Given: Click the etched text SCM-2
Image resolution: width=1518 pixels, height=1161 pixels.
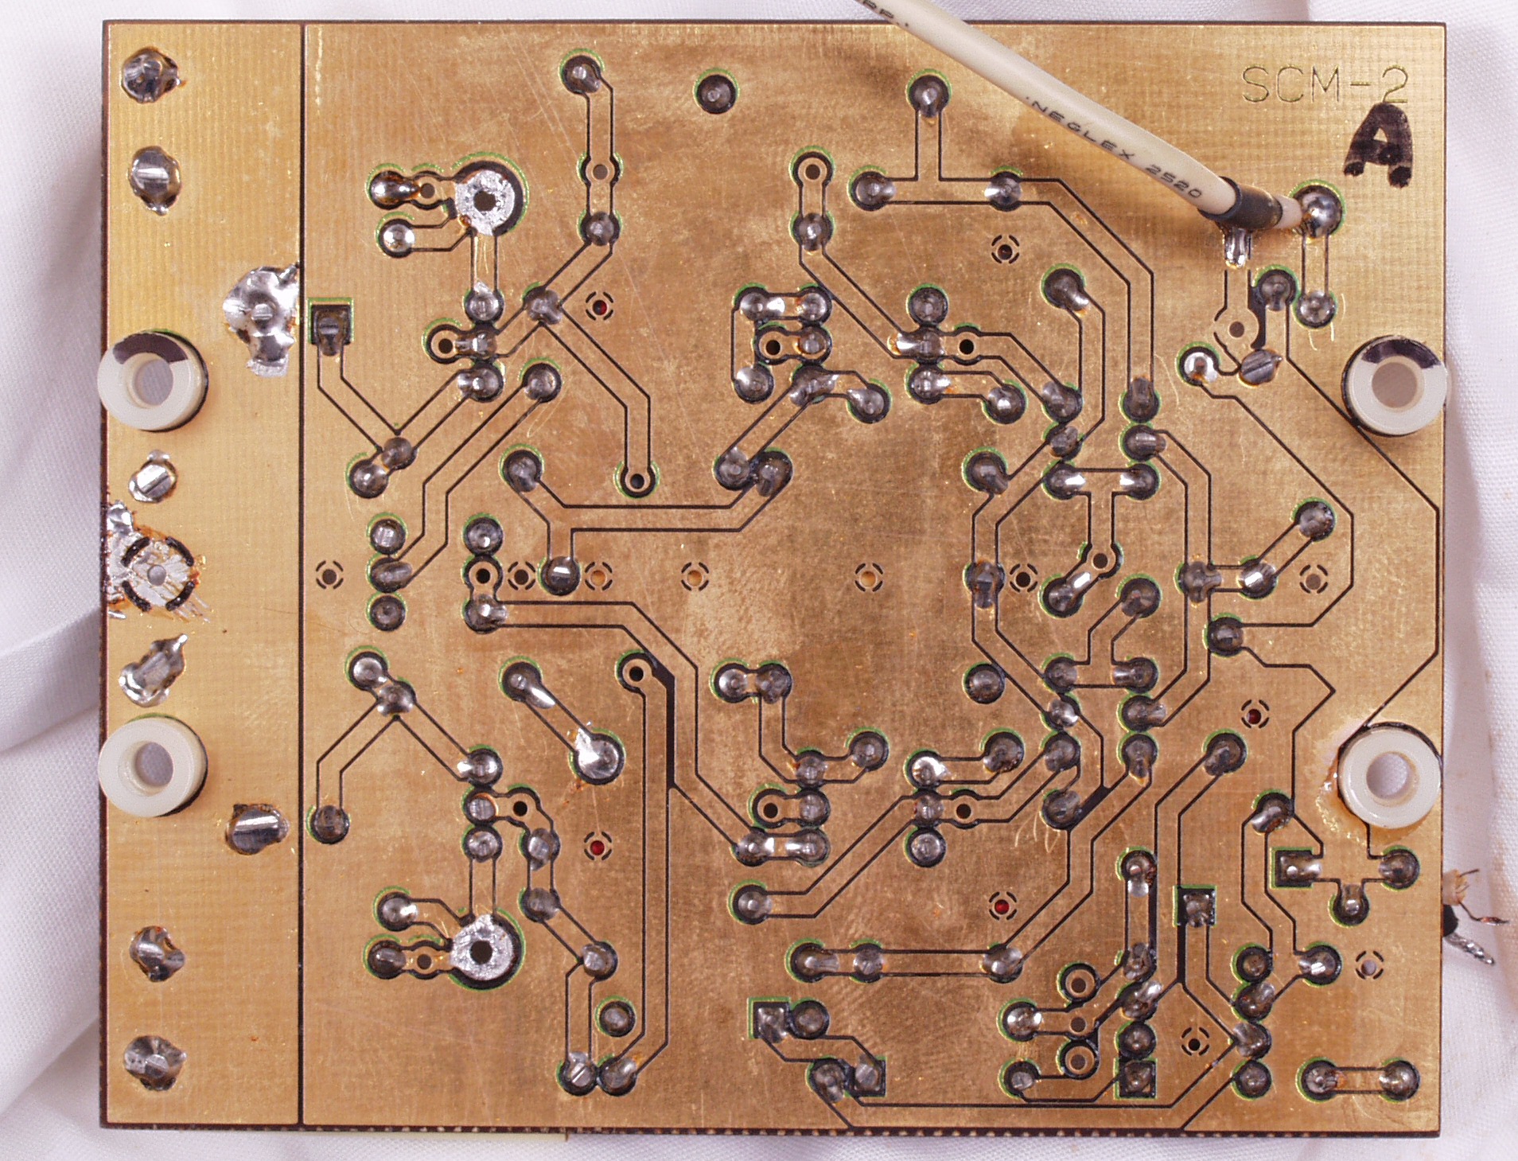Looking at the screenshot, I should click(1324, 84).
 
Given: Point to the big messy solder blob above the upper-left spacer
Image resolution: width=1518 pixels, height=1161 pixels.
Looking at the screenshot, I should click(260, 322).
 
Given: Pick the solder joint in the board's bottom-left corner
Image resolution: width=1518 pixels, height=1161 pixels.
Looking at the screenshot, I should click(150, 1061).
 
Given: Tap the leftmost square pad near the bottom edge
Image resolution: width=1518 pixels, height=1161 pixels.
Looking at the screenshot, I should click(768, 1022).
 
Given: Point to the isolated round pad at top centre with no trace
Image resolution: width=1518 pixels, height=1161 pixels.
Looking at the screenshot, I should click(716, 90).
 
